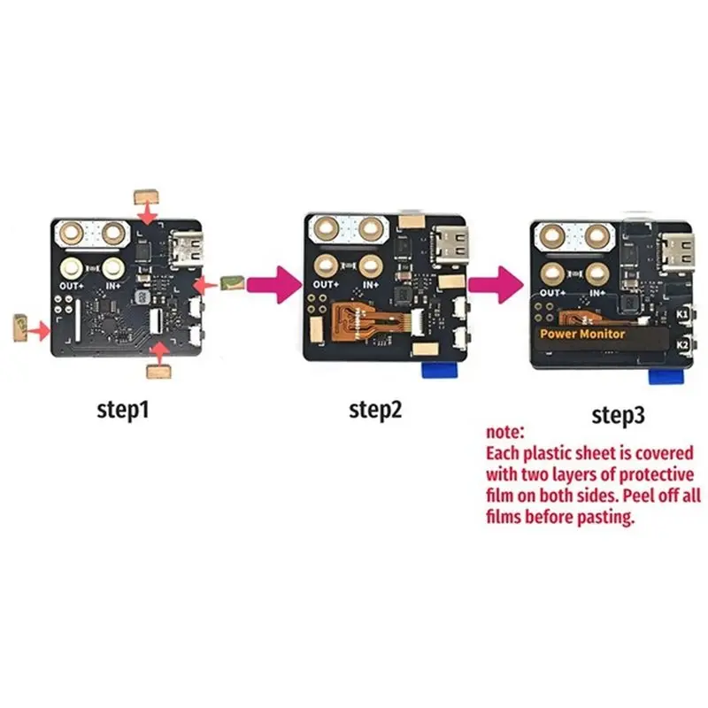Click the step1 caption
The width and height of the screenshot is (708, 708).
pyautogui.click(x=123, y=410)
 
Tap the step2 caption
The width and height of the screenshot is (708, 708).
pyautogui.click(x=375, y=410)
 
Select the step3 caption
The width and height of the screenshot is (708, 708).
pyautogui.click(x=618, y=415)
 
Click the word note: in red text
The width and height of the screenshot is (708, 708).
pyautogui.click(x=504, y=432)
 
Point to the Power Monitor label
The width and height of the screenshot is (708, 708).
pyautogui.click(x=582, y=335)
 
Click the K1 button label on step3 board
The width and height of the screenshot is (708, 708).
pyautogui.click(x=681, y=314)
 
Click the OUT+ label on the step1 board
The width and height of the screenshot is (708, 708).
pyautogui.click(x=72, y=286)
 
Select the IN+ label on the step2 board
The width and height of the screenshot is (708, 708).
pyautogui.click(x=371, y=285)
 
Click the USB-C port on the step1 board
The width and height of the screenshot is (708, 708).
pyautogui.click(x=186, y=250)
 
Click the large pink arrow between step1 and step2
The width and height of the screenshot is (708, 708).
pyautogui.click(x=274, y=284)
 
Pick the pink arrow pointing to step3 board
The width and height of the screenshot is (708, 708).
pyautogui.click(x=496, y=284)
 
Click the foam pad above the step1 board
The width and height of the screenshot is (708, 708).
pyautogui.click(x=146, y=196)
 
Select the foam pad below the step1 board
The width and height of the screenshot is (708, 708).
pyautogui.click(x=159, y=372)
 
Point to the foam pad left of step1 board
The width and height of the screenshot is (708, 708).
pyautogui.click(x=20, y=327)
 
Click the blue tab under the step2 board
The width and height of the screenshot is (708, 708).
pyautogui.click(x=439, y=370)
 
